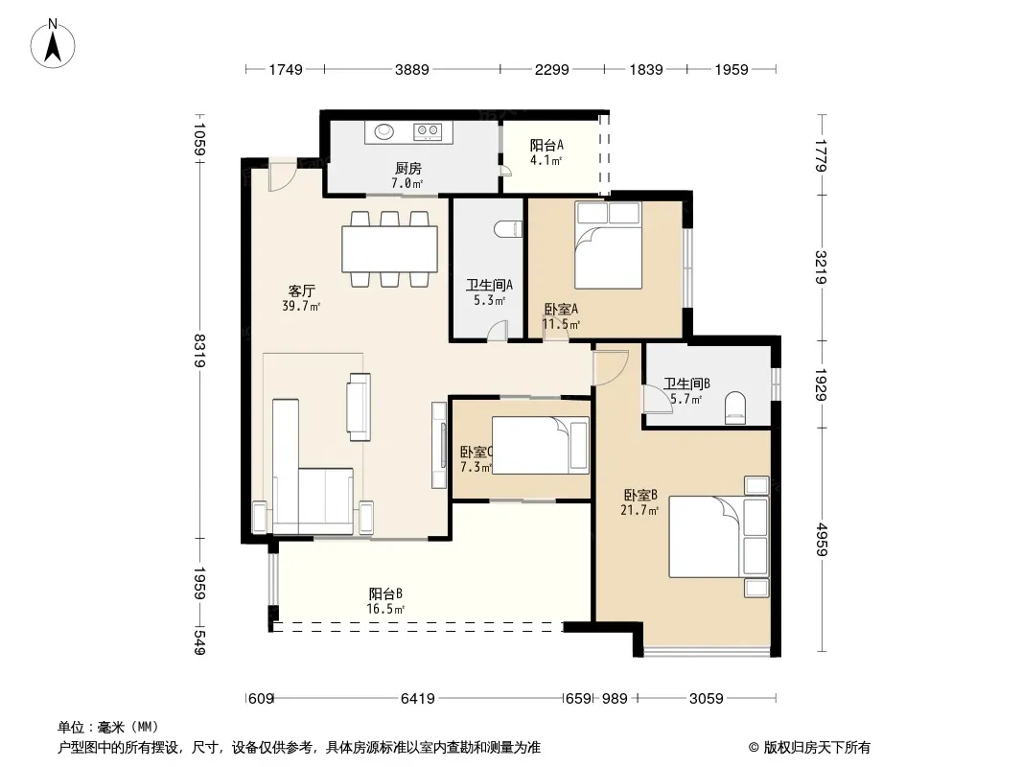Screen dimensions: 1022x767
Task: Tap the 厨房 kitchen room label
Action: click(408, 168)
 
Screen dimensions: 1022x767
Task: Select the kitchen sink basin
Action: click(383, 132)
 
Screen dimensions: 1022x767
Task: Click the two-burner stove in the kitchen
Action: click(428, 132)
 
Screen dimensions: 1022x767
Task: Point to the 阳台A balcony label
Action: click(546, 145)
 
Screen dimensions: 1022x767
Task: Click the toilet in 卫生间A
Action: click(508, 229)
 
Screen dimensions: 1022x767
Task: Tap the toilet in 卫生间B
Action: click(734, 407)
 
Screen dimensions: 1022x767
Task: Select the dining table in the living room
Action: click(390, 248)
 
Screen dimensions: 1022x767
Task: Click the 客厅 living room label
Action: click(301, 291)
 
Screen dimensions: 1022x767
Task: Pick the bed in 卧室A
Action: click(608, 245)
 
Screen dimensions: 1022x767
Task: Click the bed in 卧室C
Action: click(541, 445)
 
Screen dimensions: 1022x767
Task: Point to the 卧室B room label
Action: click(640, 496)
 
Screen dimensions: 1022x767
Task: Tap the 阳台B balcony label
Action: click(385, 593)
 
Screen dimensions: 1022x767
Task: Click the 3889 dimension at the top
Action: click(412, 69)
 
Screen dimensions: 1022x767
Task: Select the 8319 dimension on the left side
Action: click(199, 350)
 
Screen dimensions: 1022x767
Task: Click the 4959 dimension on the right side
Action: click(821, 539)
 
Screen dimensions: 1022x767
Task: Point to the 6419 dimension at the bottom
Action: click(418, 699)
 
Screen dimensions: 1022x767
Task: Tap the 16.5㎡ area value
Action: click(385, 610)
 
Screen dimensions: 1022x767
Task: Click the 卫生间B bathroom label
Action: click(687, 383)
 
